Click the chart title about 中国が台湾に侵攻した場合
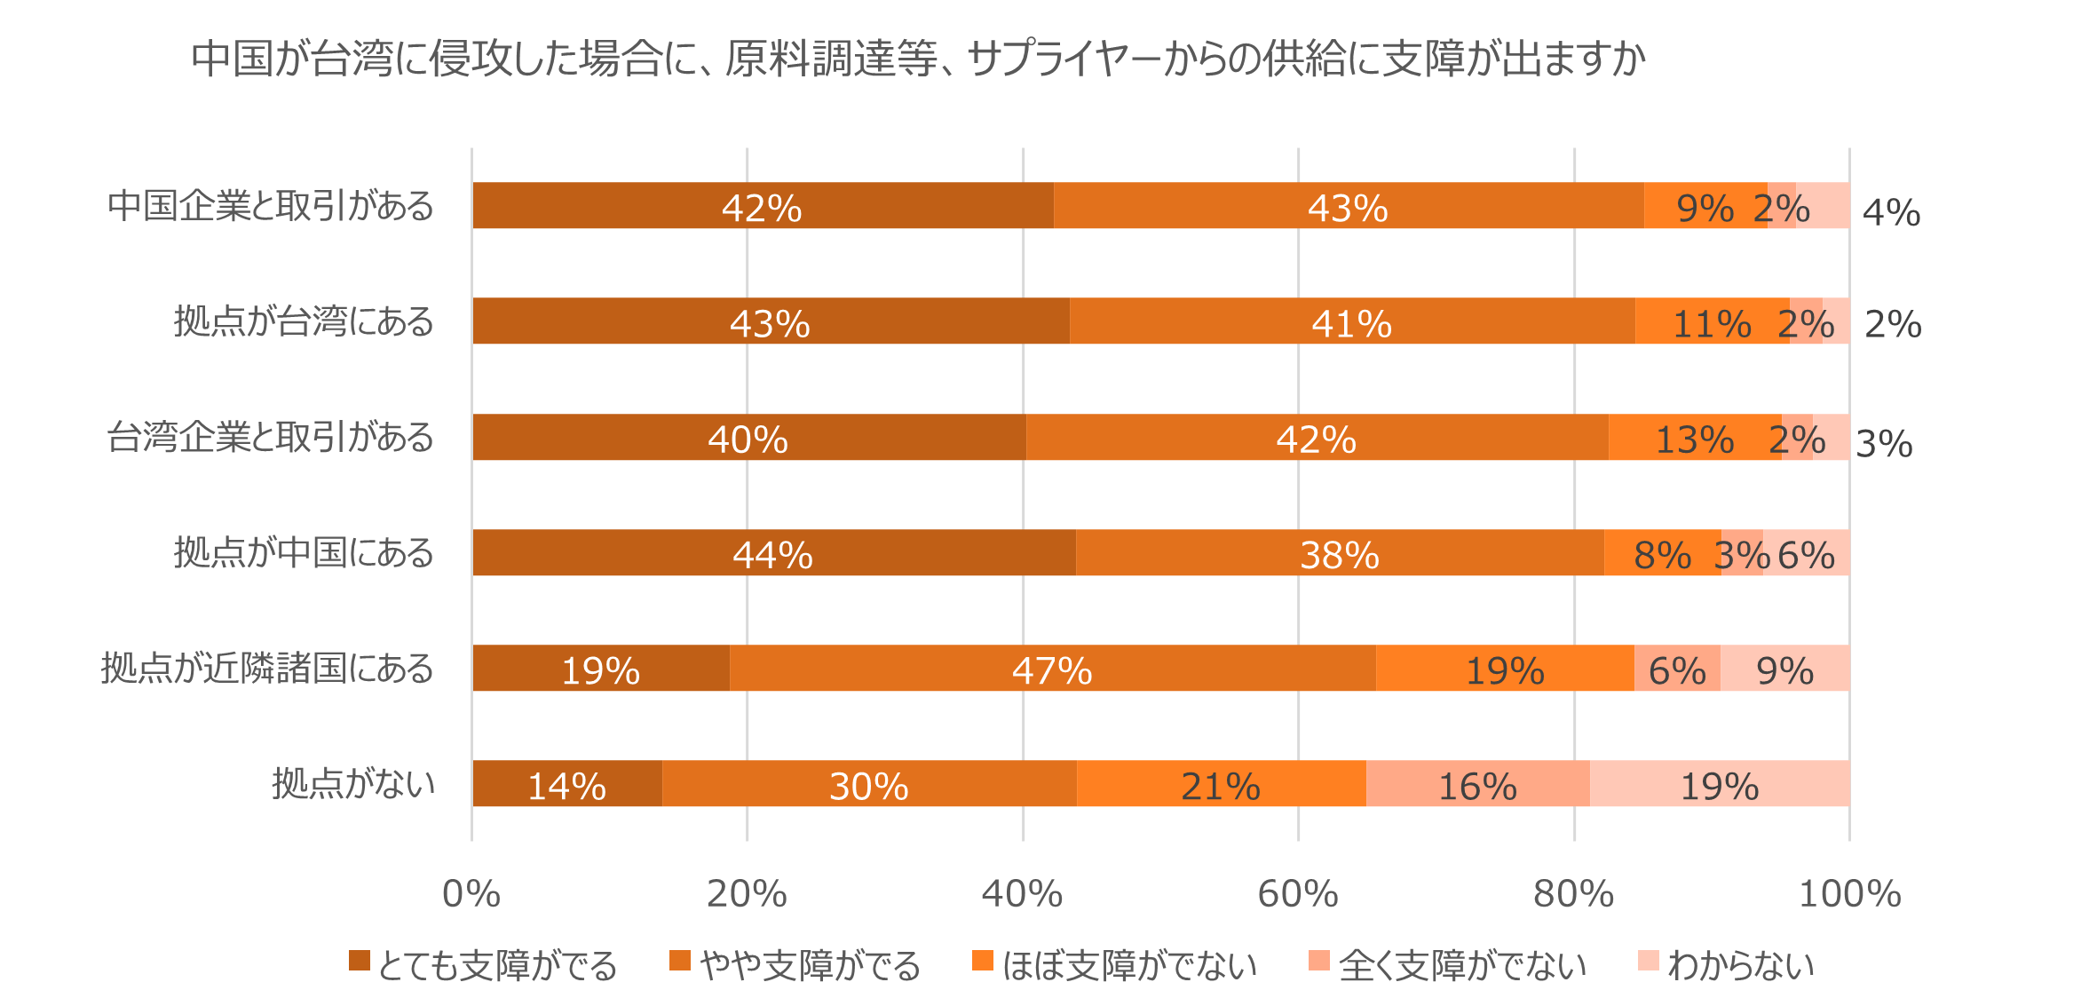click(918, 59)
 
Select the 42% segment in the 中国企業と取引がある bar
click(762, 206)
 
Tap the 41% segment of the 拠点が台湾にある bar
click(1351, 321)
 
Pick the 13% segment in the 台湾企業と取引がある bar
click(1694, 438)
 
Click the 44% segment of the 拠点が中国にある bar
click(772, 553)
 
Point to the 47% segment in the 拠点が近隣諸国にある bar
click(1052, 669)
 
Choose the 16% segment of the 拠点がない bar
click(1477, 784)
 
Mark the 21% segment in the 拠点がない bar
click(1221, 784)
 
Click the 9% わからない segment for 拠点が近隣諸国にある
click(1784, 669)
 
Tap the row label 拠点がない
click(353, 784)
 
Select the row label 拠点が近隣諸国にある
click(267, 669)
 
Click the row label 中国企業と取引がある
click(271, 206)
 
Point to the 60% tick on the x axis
click(1298, 893)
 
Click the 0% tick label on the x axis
click(471, 893)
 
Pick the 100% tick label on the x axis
click(1849, 893)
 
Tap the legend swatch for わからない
click(1648, 961)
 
